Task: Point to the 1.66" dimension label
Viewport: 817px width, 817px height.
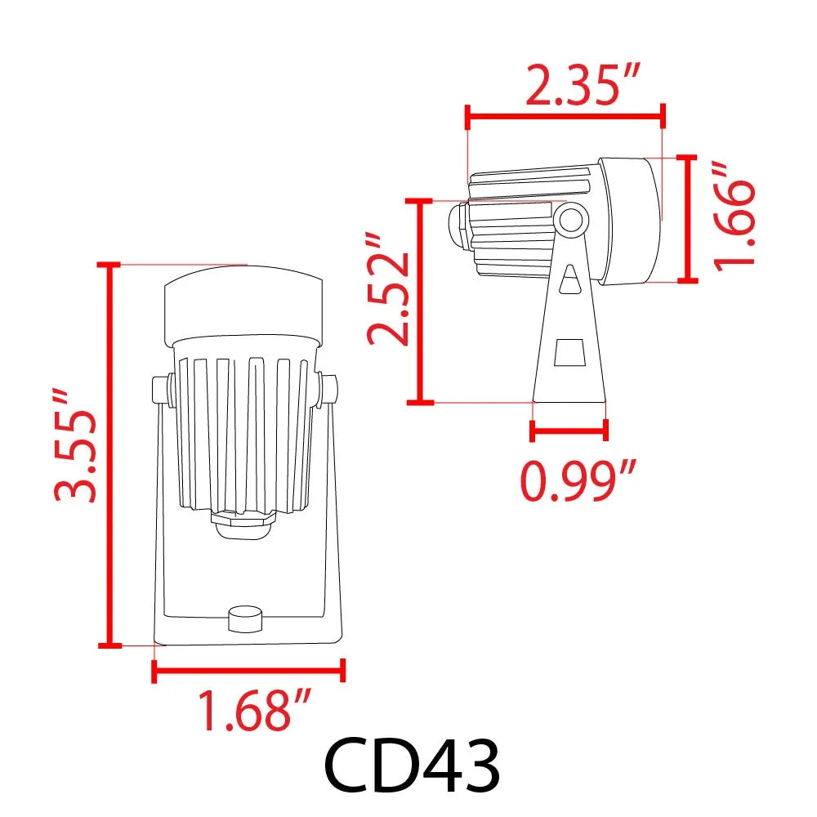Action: point(732,215)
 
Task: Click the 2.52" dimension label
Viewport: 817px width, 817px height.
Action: point(387,290)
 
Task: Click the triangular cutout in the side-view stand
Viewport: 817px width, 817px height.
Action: point(571,280)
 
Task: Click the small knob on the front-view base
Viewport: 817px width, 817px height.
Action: point(244,618)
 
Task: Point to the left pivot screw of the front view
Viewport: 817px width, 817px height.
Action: point(162,390)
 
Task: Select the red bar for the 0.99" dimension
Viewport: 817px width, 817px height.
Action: point(569,429)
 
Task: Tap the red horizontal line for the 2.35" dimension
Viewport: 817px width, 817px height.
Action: point(564,117)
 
